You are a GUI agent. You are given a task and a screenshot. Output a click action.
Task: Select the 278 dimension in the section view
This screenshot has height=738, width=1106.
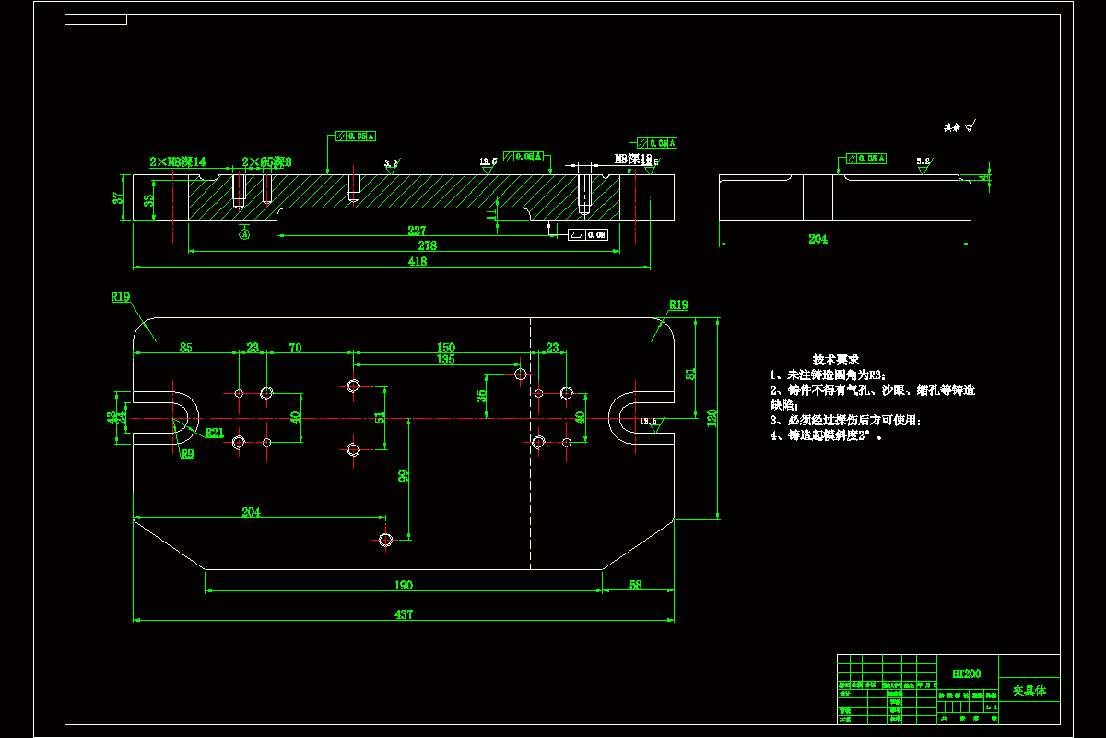click(427, 246)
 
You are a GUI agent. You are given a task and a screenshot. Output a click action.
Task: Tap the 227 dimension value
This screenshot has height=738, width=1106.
click(417, 232)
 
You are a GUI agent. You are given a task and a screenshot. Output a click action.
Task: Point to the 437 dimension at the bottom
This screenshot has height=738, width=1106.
click(404, 614)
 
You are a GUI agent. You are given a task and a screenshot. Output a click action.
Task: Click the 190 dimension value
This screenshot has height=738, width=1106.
click(403, 585)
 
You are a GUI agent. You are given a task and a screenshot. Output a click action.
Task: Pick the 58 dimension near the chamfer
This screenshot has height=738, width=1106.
click(636, 585)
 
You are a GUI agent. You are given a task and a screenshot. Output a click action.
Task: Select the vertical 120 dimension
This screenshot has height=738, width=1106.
click(712, 418)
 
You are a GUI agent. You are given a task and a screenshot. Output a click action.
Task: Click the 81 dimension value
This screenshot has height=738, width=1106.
click(691, 374)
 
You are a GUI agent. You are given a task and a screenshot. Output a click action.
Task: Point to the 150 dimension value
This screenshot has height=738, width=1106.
click(445, 348)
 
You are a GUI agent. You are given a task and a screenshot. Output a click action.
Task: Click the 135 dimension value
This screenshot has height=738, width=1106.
click(445, 360)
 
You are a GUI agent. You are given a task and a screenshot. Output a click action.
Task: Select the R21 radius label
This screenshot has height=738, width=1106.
click(214, 433)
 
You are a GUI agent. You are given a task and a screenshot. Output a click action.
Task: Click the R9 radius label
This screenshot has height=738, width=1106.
click(187, 454)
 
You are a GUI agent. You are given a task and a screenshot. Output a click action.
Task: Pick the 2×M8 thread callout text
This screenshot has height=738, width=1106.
click(177, 161)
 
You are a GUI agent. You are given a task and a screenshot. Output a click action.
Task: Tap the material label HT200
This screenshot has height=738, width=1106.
click(966, 674)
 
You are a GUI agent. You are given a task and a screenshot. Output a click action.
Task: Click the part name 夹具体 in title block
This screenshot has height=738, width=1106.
click(1029, 690)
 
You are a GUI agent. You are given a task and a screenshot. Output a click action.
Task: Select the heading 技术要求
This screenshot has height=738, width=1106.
click(835, 359)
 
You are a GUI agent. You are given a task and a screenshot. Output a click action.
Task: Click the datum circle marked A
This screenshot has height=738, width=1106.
click(244, 234)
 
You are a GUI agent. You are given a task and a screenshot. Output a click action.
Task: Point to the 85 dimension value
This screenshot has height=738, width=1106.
click(186, 348)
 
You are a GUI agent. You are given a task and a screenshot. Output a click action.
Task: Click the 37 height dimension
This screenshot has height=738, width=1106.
click(117, 198)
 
